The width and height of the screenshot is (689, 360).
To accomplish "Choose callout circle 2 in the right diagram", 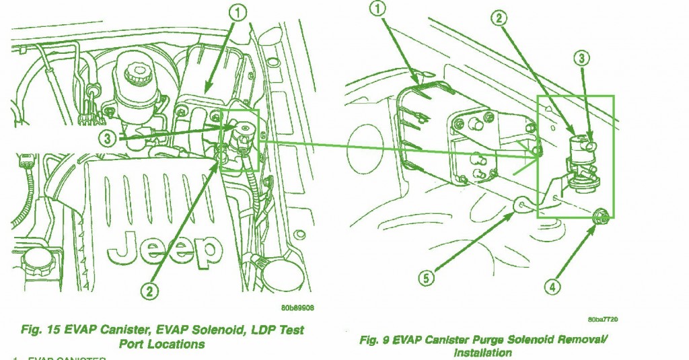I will [499, 19].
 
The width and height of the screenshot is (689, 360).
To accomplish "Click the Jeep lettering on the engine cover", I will [165, 247].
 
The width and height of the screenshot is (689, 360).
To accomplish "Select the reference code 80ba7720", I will [604, 318].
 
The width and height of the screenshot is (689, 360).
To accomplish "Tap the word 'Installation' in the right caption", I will [482, 353].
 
